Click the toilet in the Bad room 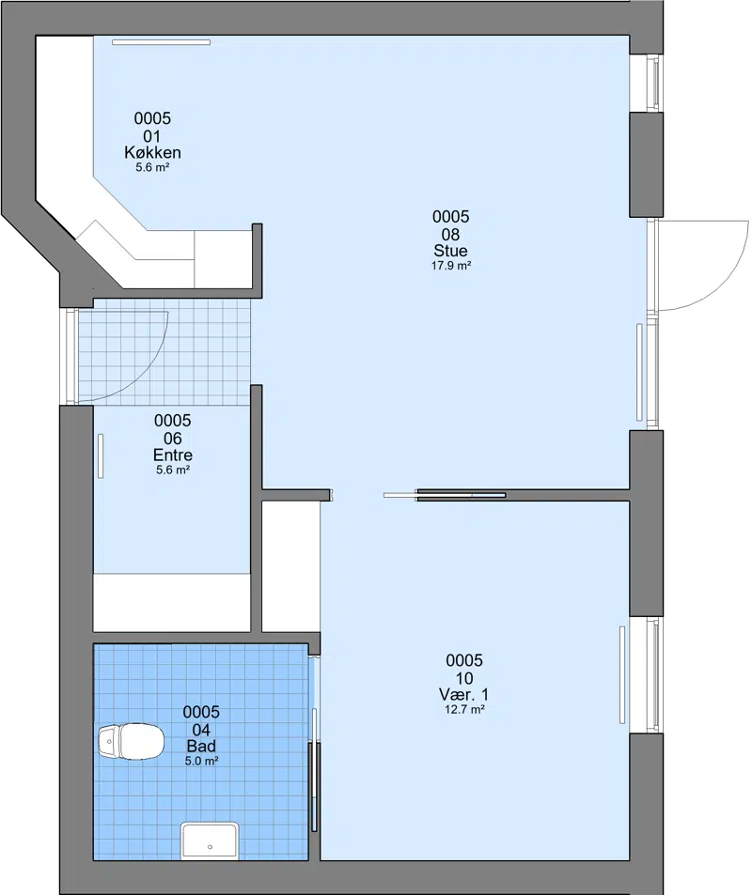coord(131,741)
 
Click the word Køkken coord(152,152)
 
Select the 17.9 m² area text coord(451,266)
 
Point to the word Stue coord(451,251)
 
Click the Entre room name coord(173,455)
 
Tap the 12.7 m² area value coord(464,709)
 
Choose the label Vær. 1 coord(464,695)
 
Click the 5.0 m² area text coord(202,761)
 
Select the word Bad coord(202,746)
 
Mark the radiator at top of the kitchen coord(161,41)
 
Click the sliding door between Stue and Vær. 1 coord(445,495)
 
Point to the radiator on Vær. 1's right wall coord(622,674)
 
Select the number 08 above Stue coord(451,234)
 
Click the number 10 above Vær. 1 coord(464,678)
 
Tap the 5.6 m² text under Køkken coord(152,168)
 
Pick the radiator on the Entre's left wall coord(101,456)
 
